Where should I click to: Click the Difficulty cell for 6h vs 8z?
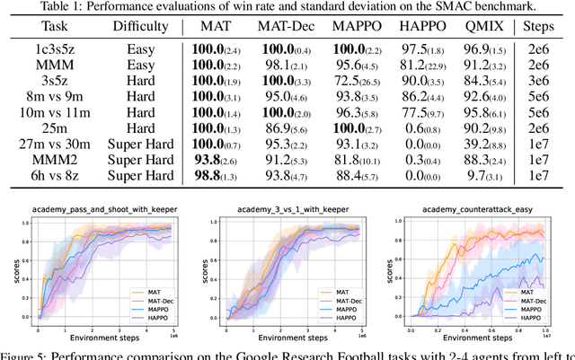coord(139,176)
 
